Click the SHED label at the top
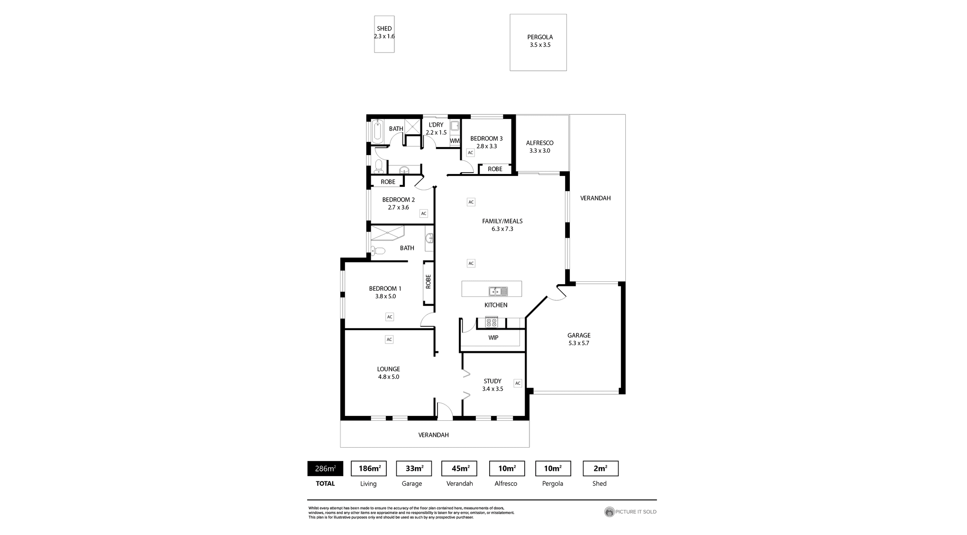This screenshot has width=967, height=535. click(x=384, y=29)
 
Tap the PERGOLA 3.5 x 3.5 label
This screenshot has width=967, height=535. click(x=540, y=41)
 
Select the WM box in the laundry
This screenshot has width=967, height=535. click(x=455, y=141)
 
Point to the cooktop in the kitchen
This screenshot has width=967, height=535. click(x=492, y=323)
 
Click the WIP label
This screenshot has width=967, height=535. click(x=493, y=338)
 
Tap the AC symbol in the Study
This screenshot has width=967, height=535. click(x=518, y=383)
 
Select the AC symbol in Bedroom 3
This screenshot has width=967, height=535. click(x=470, y=153)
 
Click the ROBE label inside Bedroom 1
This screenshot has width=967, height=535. click(x=429, y=282)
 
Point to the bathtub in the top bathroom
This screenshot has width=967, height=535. click(x=377, y=131)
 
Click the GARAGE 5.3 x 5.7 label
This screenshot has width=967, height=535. click(x=579, y=339)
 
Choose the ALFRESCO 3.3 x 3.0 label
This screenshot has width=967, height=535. click(x=539, y=147)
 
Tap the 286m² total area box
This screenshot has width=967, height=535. click(x=325, y=469)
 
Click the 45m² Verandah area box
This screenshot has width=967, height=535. click(x=459, y=469)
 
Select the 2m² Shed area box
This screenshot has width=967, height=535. click(x=600, y=469)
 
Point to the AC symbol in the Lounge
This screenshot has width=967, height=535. click(x=389, y=340)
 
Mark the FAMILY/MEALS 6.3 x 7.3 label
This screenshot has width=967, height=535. click(x=502, y=225)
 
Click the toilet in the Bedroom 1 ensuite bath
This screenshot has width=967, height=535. click(x=378, y=250)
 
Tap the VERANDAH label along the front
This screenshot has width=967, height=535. click(x=433, y=435)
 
